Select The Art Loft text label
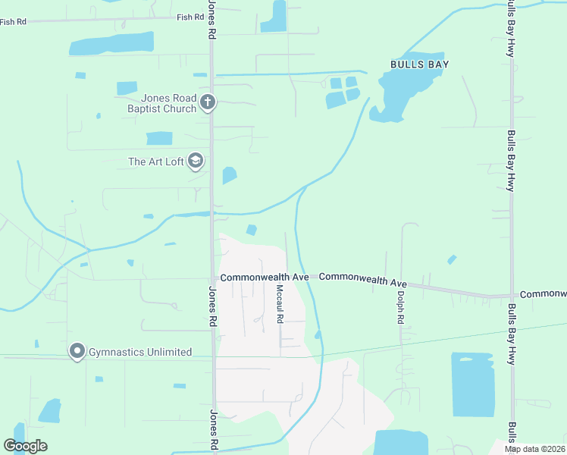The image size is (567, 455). pos(156,162)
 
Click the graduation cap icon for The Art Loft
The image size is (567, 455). pos(196,161)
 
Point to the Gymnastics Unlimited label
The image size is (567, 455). pos(140,352)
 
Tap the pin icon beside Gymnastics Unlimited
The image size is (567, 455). pos(77,352)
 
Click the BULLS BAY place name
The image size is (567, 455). pos(419,64)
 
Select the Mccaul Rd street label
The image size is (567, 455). pos(279,304)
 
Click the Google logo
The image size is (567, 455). pos(26,445)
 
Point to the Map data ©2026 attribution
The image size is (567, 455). pos(535,449)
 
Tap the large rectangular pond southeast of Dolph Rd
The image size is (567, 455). pos(473,384)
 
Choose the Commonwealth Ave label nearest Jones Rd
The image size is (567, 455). pos(265,278)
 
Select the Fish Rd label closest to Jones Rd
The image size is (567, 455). pos(190,17)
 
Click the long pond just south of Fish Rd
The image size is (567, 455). pos(111,44)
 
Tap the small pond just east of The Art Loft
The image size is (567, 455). pos(229,176)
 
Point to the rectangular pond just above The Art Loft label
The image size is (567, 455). pos(159,138)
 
